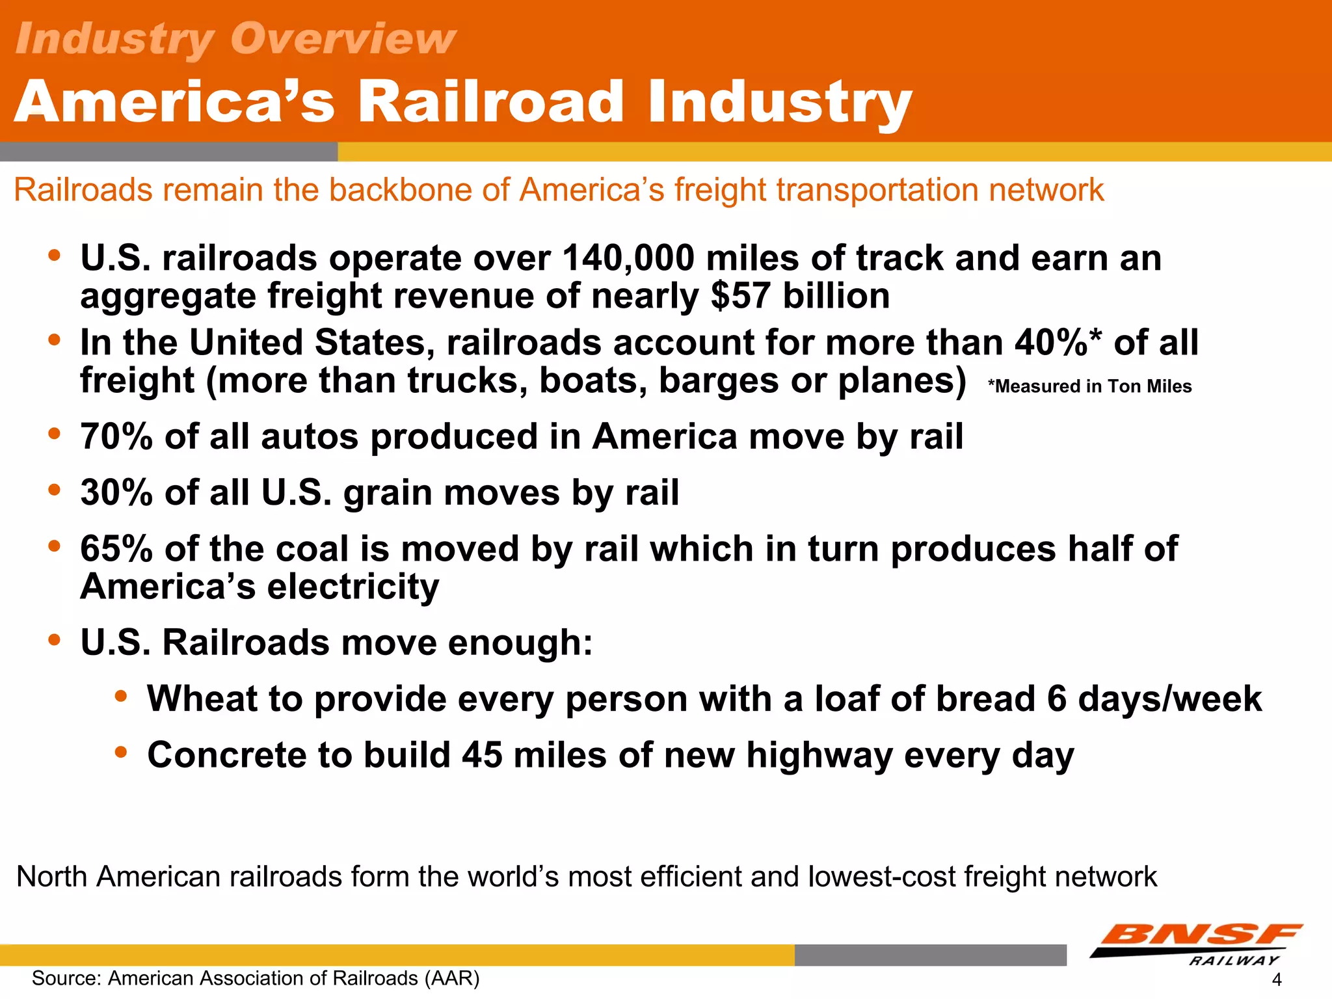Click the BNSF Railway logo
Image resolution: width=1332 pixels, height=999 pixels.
click(1197, 944)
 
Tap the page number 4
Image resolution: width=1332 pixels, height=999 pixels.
click(1276, 979)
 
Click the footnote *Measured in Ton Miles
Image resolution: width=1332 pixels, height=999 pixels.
click(1089, 386)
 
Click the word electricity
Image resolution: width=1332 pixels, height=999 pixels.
click(353, 587)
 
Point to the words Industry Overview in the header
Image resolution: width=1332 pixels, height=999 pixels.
click(235, 39)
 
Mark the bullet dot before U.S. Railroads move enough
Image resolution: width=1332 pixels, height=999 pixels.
click(55, 640)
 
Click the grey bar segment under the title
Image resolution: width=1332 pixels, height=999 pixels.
click(168, 152)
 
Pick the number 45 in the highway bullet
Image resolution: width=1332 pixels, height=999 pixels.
click(482, 755)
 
